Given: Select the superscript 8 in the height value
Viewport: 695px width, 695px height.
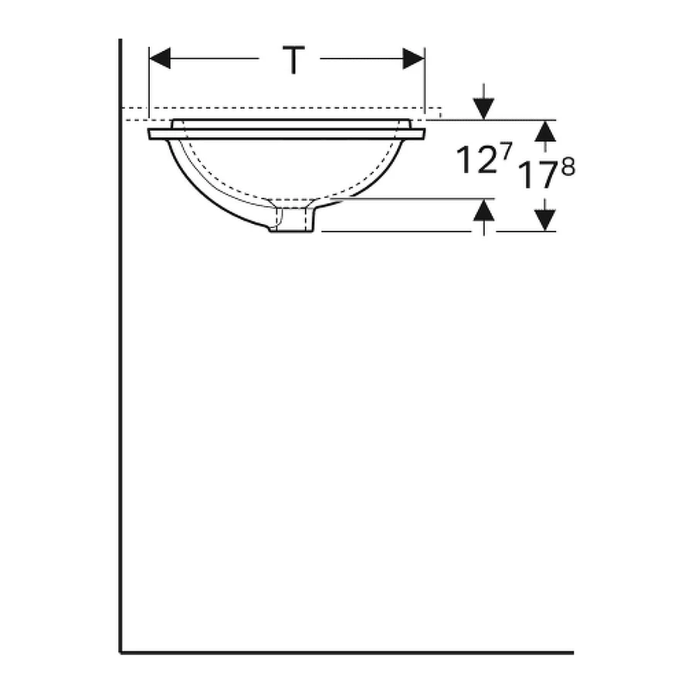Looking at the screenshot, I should [568, 167].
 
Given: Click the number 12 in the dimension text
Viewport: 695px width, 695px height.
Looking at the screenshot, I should [473, 161].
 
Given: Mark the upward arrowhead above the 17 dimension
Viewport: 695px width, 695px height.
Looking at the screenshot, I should [546, 131].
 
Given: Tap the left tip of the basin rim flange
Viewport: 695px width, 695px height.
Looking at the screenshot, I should [151, 134].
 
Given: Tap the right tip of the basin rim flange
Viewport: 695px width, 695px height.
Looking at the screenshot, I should [423, 134].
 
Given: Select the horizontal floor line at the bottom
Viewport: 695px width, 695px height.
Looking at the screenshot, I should [347, 653].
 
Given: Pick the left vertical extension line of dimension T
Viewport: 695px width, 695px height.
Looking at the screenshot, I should [148, 85].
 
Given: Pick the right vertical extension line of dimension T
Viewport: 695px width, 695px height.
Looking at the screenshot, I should [425, 85].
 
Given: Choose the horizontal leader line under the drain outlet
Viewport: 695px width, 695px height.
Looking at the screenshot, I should [394, 231].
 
